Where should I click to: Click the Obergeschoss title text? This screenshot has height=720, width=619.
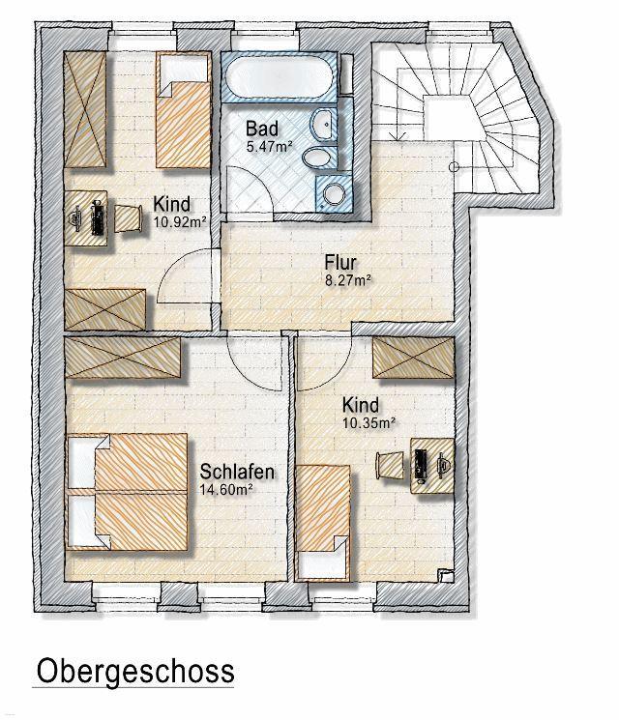(x=135, y=672)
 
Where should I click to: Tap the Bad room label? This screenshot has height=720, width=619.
(x=261, y=129)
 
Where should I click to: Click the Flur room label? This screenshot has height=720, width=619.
(x=340, y=263)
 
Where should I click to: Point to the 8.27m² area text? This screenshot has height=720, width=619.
(x=348, y=280)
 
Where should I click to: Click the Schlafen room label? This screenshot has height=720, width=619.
(x=237, y=472)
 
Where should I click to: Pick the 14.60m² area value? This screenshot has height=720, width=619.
(x=226, y=489)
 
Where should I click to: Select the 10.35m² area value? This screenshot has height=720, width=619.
(x=369, y=423)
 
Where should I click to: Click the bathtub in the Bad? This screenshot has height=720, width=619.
(x=279, y=75)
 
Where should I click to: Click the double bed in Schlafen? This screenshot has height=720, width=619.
(x=128, y=492)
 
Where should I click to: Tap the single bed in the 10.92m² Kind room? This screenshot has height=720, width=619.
(x=184, y=110)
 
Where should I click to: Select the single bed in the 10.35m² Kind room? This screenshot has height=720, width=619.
(x=323, y=523)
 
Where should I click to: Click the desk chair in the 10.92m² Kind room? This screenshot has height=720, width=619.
(x=128, y=218)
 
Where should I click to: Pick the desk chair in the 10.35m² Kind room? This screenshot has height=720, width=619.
(x=390, y=466)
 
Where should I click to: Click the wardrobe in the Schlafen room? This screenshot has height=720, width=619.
(x=122, y=358)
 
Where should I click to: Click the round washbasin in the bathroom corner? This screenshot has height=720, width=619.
(x=334, y=194)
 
